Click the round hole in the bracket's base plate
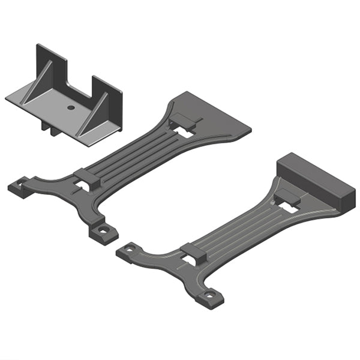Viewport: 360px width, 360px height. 71,107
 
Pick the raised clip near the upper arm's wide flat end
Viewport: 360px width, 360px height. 185,122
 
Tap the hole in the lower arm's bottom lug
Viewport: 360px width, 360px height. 209,295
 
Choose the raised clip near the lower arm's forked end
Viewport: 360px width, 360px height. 193,253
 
